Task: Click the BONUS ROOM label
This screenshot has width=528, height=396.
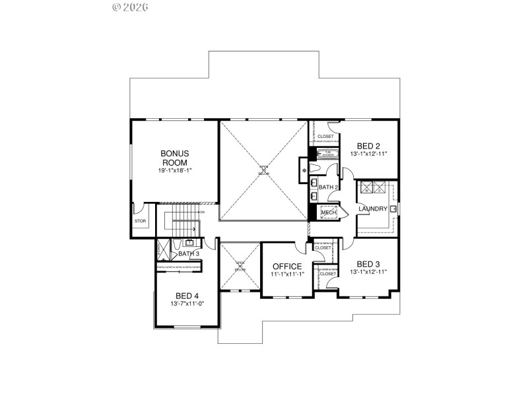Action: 174,158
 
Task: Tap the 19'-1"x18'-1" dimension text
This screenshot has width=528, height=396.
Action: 174,171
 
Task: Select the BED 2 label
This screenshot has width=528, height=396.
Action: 368,146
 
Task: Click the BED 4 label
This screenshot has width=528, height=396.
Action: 187,295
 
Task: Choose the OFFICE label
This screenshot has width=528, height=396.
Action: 287,267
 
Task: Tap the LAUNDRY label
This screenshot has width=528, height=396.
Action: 372,209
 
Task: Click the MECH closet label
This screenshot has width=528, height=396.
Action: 329,213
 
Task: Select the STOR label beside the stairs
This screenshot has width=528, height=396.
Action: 140,221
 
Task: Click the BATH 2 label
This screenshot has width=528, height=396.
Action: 328,187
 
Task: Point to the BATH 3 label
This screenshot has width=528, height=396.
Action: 189,254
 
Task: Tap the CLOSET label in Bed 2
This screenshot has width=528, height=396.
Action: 325,137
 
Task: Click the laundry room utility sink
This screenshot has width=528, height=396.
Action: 393,209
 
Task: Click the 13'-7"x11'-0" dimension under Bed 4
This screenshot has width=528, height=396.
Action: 187,304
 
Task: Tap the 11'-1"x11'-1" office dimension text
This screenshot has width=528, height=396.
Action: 287,275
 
